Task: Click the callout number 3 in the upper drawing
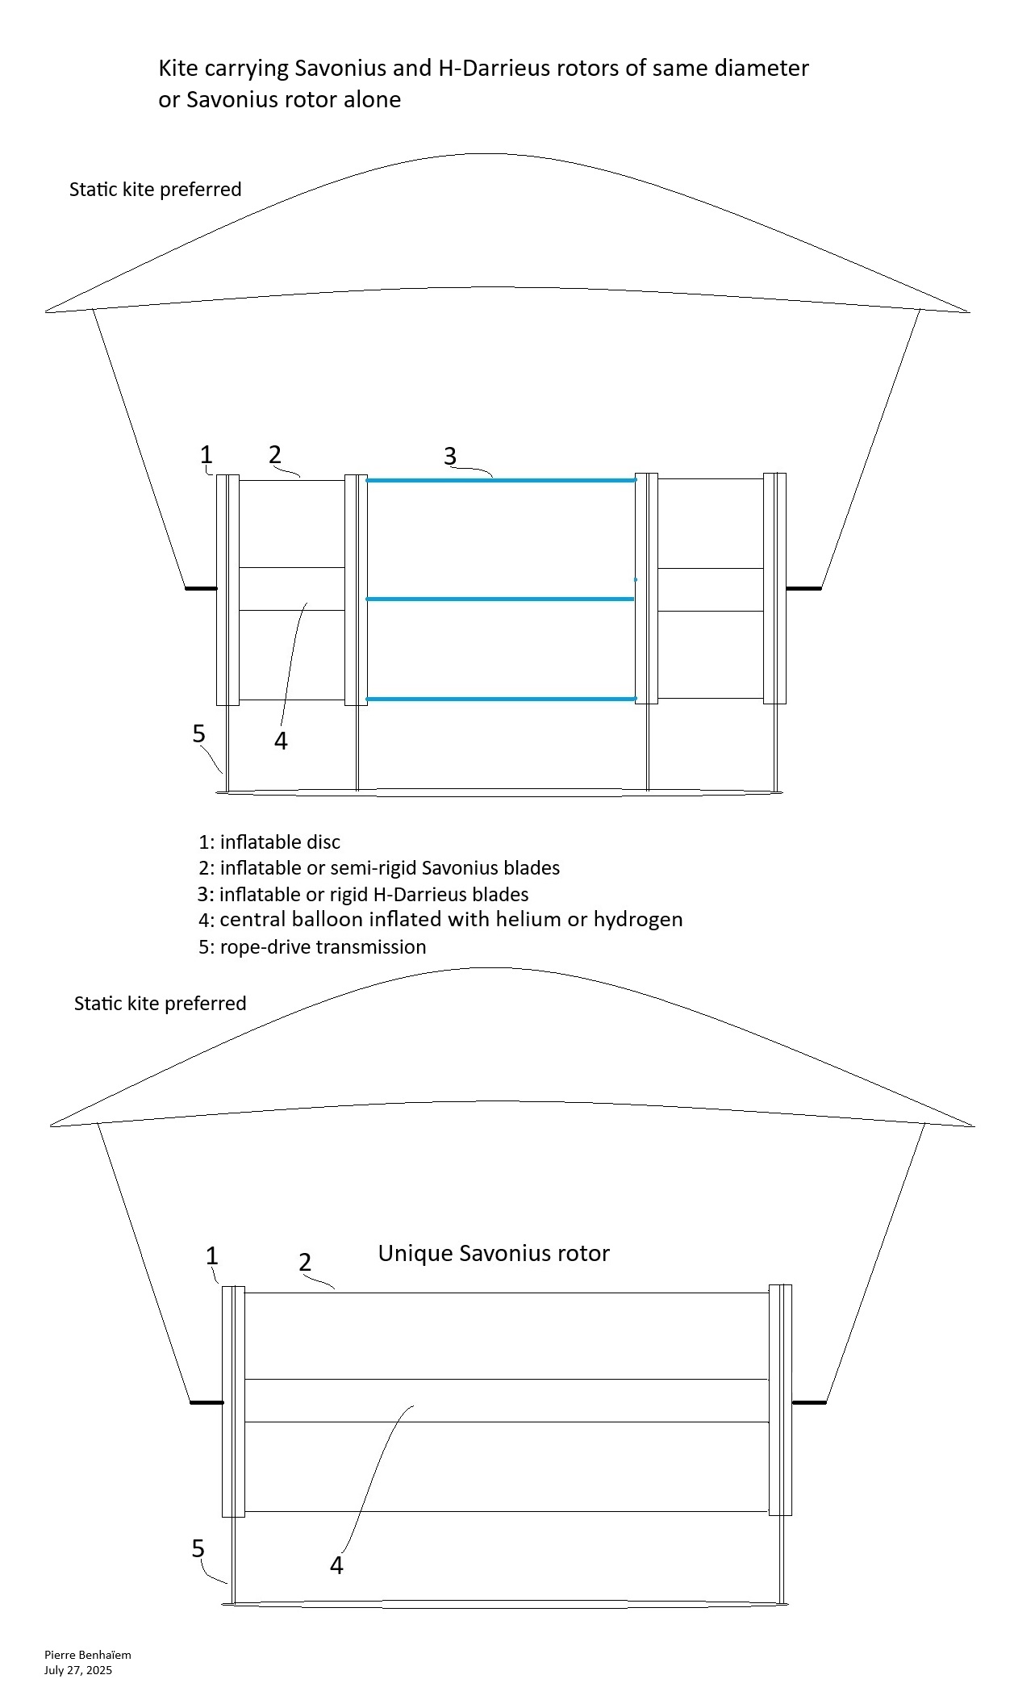(x=450, y=457)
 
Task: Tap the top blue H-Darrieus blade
(x=501, y=480)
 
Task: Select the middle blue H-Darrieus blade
(x=500, y=599)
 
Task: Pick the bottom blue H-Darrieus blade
(x=501, y=699)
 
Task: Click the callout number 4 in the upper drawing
(x=281, y=741)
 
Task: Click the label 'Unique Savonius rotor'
(x=494, y=1253)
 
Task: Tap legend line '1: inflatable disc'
(x=269, y=842)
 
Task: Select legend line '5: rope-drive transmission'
(x=312, y=946)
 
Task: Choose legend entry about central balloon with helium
(x=440, y=920)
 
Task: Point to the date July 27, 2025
(x=78, y=1670)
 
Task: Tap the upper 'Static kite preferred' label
(x=155, y=189)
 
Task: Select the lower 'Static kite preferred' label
(x=160, y=1003)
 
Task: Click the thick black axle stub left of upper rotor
(x=201, y=588)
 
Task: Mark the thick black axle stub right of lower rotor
(x=809, y=1402)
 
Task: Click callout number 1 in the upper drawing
(x=207, y=455)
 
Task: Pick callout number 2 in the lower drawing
(x=305, y=1263)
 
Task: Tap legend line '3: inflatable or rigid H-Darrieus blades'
(x=363, y=894)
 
